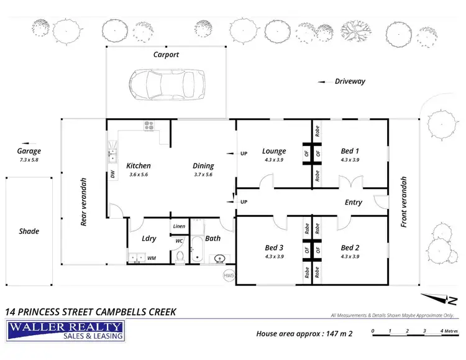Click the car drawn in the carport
tap(167, 85)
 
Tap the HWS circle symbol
tap(229, 275)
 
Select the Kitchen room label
tap(139, 166)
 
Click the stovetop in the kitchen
tap(149, 125)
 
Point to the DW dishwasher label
tap(112, 174)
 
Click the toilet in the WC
tap(180, 257)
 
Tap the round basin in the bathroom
tap(219, 259)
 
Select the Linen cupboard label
tap(179, 226)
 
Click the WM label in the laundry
tap(152, 258)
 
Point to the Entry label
tap(354, 202)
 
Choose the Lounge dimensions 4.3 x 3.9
tap(274, 160)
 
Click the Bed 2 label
tap(350, 247)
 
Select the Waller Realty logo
tap(65, 331)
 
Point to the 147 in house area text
tap(332, 333)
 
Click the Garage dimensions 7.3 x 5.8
tap(29, 160)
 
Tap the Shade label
tap(29, 231)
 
